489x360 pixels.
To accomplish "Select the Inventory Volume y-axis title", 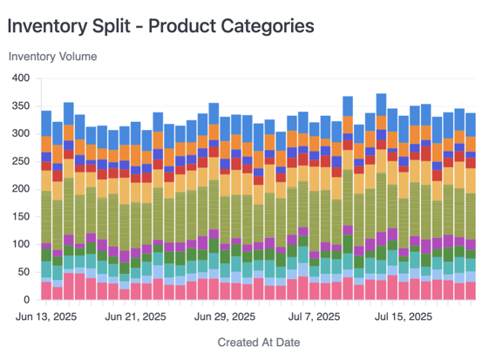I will pos(53,57).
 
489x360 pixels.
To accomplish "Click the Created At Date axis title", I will pos(259,343).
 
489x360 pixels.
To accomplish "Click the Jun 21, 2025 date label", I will pos(136,316).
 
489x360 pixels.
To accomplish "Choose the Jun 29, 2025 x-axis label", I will pos(226,316).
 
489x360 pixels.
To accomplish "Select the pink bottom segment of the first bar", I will pos(46,289).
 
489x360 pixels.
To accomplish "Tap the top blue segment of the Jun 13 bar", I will pos(46,122).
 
